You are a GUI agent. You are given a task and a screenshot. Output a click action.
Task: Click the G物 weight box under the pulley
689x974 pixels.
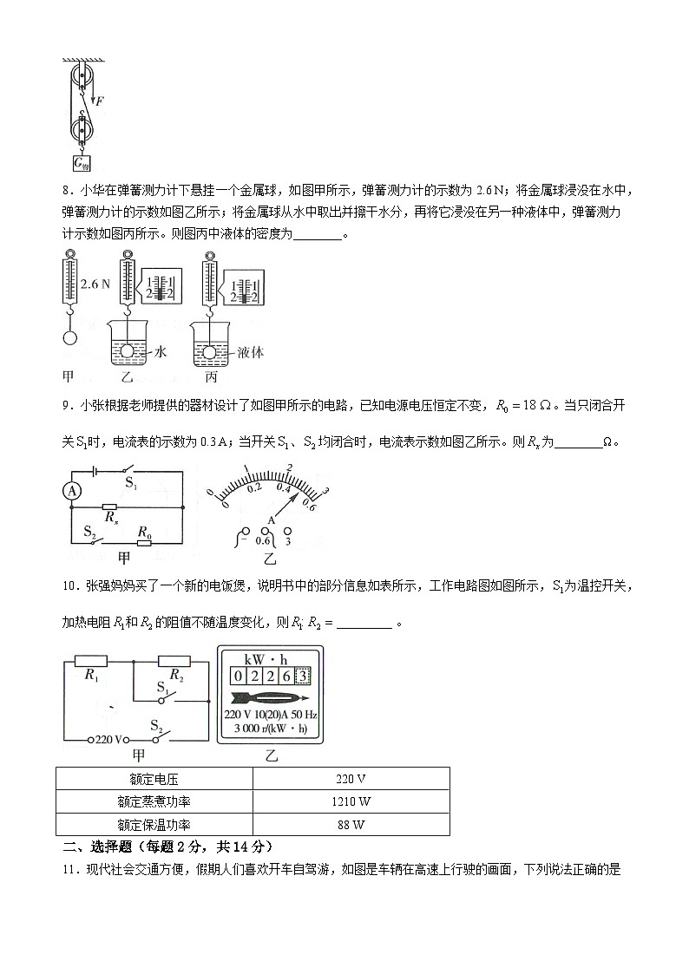click(82, 162)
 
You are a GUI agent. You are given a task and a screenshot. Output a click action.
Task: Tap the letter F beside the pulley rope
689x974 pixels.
click(101, 101)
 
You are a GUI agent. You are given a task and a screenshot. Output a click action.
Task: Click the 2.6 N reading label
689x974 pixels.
click(93, 284)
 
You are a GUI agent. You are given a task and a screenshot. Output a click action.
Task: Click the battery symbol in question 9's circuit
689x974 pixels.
click(94, 471)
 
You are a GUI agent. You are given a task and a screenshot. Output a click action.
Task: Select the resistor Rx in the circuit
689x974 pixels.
click(109, 507)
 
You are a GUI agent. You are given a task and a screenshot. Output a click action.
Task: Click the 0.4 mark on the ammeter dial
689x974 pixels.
click(283, 488)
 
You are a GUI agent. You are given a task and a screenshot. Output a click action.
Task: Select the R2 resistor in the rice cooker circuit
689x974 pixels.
click(174, 661)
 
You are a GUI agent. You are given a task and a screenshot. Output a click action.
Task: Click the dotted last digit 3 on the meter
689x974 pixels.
click(303, 676)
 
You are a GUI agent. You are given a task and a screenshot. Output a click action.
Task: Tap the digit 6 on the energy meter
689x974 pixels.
click(285, 676)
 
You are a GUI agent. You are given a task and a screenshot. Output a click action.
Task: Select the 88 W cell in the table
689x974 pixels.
click(351, 825)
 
